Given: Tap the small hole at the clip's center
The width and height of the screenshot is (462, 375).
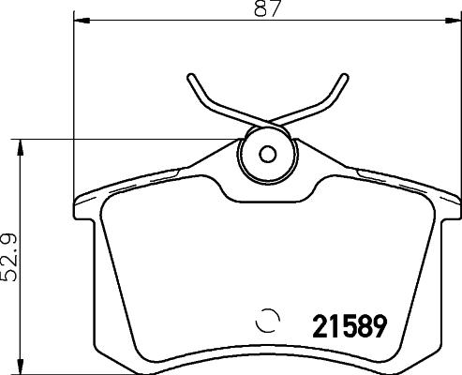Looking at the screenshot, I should (268, 155).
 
